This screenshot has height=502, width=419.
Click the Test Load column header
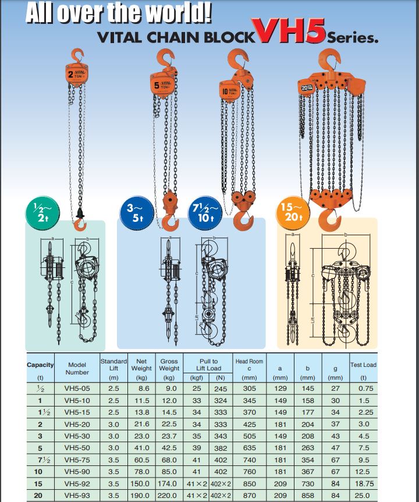pos(363,365)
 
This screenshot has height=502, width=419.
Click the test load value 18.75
pos(363,483)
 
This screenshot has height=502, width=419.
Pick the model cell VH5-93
pos(77,495)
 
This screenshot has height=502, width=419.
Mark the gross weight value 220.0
pos(169,495)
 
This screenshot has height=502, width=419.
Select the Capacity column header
pos(40,365)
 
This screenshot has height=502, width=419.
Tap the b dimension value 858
pos(307,495)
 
